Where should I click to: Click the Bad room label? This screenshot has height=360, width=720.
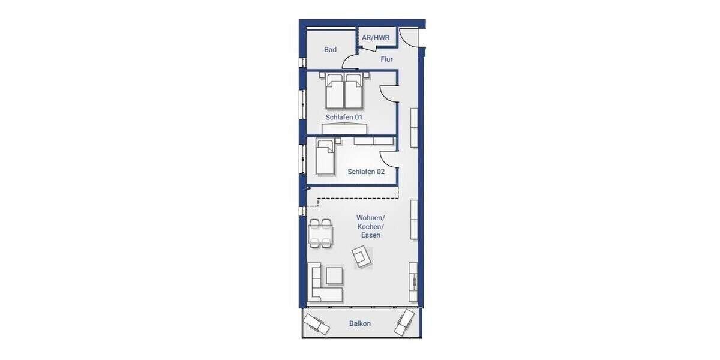331,50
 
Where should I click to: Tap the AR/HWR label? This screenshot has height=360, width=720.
376,38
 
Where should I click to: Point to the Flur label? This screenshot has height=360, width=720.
387,59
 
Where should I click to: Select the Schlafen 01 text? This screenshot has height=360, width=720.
344,117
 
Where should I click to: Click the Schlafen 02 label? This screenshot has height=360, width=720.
366,172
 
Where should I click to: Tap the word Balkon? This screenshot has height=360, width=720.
360,323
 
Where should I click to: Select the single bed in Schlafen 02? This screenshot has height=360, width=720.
325,157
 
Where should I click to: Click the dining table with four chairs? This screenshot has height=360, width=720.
320,233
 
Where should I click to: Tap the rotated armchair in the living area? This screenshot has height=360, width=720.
362,259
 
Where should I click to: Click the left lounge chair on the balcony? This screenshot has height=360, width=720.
316,324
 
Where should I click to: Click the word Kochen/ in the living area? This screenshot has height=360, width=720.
370,226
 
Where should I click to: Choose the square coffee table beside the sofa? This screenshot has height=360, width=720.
334,275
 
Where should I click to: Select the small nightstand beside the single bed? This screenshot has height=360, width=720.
338,141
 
